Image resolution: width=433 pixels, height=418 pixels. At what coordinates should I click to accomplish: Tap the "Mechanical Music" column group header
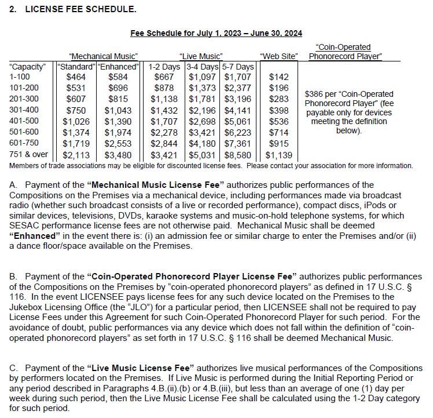pos(103,56)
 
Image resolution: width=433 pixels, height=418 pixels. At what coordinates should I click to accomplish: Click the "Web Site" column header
pos(279,56)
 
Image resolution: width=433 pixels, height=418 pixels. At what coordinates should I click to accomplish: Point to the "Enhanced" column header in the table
pos(119,67)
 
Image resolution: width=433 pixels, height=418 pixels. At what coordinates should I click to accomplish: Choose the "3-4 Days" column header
pos(203,67)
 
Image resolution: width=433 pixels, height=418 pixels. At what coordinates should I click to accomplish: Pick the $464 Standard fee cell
pos(75,77)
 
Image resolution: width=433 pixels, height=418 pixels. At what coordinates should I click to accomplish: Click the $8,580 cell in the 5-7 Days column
pos(238,155)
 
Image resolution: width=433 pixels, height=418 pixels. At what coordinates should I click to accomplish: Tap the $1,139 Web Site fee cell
pos(279,155)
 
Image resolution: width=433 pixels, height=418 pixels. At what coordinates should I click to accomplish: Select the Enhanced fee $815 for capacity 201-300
pos(119,99)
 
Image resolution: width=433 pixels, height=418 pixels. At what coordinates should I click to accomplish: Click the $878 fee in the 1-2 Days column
pos(163,88)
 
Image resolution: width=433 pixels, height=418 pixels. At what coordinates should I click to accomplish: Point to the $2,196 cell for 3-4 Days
pos(203,110)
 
